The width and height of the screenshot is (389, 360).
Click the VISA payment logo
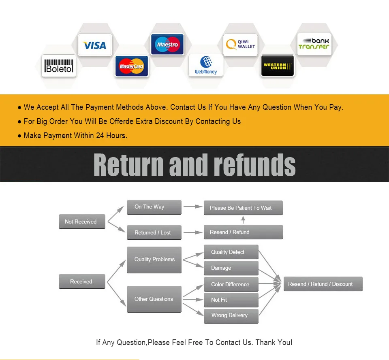[95, 45]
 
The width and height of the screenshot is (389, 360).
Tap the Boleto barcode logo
[59, 66]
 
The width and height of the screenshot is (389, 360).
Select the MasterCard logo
[131, 66]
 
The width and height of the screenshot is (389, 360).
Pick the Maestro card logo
[167, 44]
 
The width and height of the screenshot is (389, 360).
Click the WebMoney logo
[206, 65]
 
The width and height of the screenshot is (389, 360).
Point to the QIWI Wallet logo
[240, 45]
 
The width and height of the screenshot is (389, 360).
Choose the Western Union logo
[277, 66]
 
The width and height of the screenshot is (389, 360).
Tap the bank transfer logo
[314, 44]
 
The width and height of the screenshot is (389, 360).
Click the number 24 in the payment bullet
[100, 135]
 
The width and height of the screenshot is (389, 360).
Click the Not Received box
[82, 222]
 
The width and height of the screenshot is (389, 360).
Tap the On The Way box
[154, 207]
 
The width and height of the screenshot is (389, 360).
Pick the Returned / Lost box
[154, 232]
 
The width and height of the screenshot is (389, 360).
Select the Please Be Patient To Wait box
[243, 207]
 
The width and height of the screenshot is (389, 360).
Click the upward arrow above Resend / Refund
[243, 219]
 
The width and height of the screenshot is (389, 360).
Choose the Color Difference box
[231, 284]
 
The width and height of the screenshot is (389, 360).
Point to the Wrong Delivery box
[231, 316]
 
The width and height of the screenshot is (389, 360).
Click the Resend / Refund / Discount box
[323, 284]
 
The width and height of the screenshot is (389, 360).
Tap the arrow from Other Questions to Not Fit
[193, 300]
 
